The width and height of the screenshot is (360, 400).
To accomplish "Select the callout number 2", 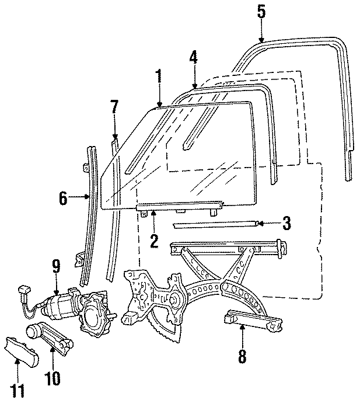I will pos(154,241).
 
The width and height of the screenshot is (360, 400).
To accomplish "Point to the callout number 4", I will pos(193,57).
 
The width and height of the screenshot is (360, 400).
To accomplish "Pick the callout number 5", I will pos(260,12).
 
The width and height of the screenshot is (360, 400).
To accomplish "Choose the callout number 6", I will pos(63,199).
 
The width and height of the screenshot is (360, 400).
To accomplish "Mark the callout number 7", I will pos(114,107).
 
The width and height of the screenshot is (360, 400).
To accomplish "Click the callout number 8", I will pos(242,356).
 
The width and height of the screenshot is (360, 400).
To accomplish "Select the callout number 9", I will pos(56,267).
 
